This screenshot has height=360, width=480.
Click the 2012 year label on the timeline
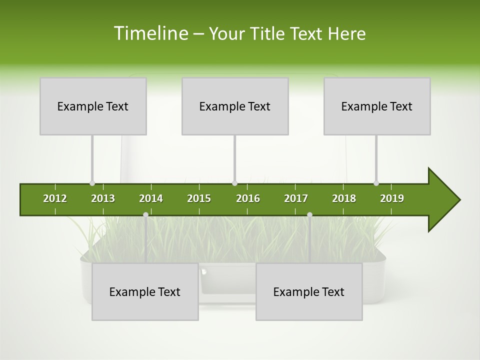[x=55, y=198]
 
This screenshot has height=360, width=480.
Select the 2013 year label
[x=103, y=198]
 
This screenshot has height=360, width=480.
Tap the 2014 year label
[x=151, y=198]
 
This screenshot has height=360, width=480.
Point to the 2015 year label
[x=199, y=198]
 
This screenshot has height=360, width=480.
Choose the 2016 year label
[x=248, y=198]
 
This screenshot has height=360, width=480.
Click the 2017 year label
[x=296, y=198]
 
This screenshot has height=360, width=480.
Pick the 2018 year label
[x=344, y=198]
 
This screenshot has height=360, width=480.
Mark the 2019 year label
[x=392, y=198]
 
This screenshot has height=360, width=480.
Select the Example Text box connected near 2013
[x=93, y=106]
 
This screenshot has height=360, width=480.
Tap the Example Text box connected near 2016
[x=235, y=106]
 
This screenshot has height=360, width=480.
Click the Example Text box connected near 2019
[x=377, y=106]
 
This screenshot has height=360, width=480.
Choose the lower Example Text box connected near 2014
[x=145, y=292]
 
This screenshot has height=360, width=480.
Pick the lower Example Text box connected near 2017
[x=309, y=292]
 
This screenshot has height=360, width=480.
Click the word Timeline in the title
[x=150, y=33]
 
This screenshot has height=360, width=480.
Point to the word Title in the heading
[x=269, y=33]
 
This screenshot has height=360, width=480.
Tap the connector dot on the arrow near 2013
[x=92, y=183]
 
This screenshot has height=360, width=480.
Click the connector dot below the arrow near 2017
[x=309, y=215]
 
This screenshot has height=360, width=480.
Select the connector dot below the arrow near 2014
[x=145, y=215]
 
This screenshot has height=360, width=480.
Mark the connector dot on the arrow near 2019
[x=376, y=183]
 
